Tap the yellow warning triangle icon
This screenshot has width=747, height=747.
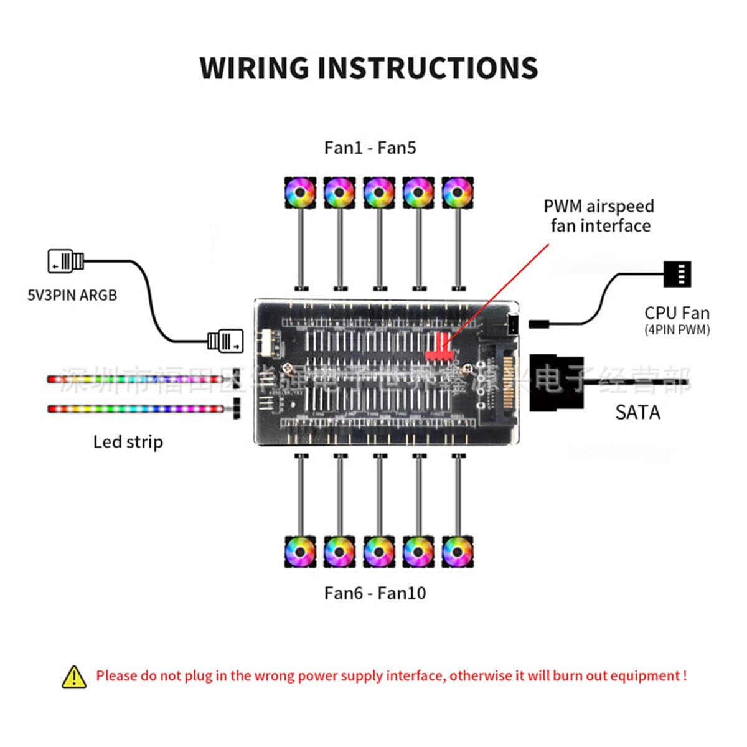click(x=74, y=677)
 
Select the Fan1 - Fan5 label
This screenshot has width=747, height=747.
click(x=370, y=148)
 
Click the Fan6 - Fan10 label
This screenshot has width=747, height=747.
click(x=375, y=593)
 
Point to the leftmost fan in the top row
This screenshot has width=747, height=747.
click(x=300, y=193)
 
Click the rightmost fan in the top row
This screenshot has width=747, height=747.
click(x=458, y=193)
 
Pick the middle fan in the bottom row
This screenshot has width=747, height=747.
click(x=378, y=552)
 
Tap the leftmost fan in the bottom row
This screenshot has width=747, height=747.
click(x=300, y=552)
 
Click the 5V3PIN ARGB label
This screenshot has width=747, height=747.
click(x=72, y=295)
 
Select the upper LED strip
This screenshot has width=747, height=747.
click(x=135, y=378)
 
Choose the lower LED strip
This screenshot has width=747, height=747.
click(x=135, y=409)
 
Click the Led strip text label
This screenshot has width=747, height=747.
click(x=128, y=442)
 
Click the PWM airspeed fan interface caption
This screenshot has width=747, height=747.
click(x=599, y=216)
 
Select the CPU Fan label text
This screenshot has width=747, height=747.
click(x=677, y=313)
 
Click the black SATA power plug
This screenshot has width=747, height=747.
click(x=556, y=382)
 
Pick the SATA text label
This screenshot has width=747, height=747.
click(x=637, y=412)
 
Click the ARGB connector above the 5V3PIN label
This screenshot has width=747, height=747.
click(x=65, y=261)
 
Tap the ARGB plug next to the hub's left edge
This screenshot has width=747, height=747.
click(x=225, y=341)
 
